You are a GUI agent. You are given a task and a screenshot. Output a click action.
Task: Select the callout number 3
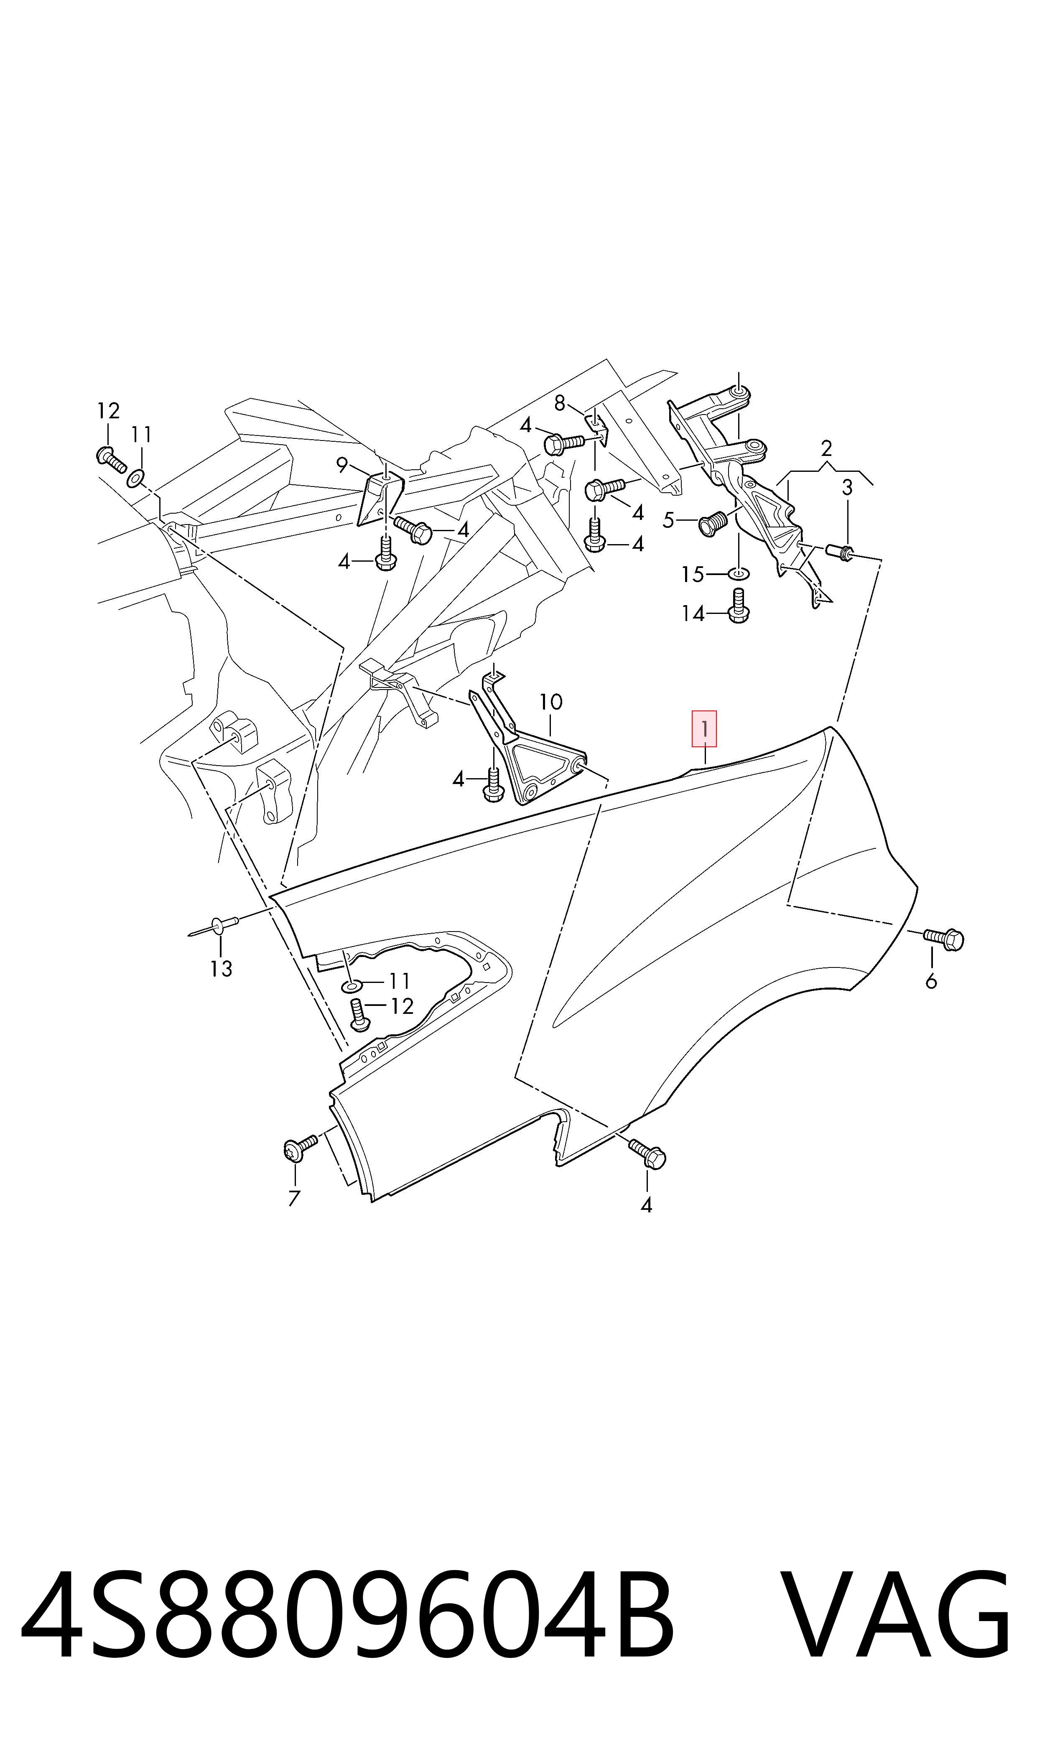pyautogui.click(x=847, y=488)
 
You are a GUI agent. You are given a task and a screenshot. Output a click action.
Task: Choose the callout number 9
pyautogui.click(x=342, y=465)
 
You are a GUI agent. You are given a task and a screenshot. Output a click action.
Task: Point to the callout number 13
pyautogui.click(x=221, y=969)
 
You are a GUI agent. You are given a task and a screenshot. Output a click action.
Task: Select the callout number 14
pyautogui.click(x=693, y=614)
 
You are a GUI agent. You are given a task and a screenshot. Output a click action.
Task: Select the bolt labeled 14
pyautogui.click(x=738, y=606)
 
